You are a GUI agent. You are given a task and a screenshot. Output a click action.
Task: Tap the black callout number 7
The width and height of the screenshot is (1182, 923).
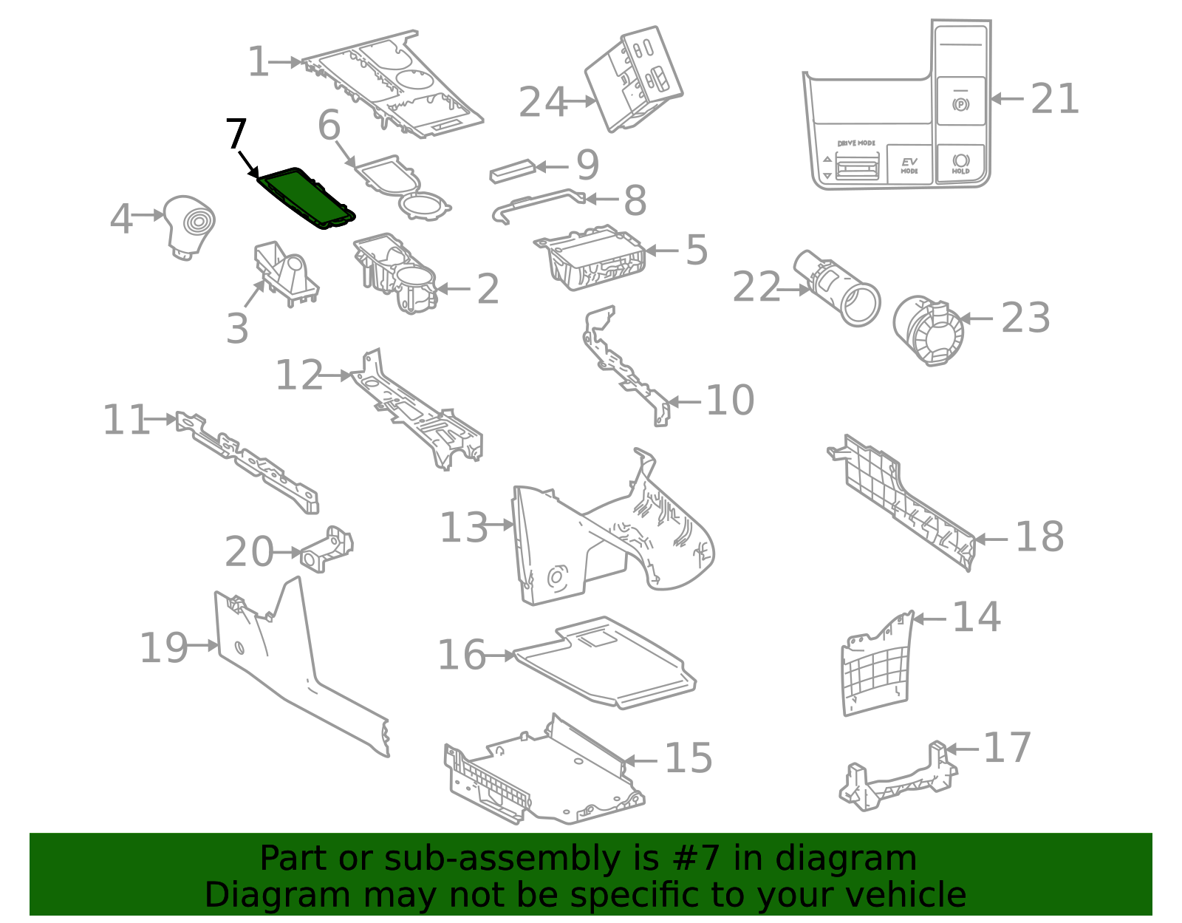pos(235,134)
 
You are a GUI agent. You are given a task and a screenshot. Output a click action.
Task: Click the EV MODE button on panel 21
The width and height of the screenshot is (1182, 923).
pos(909,165)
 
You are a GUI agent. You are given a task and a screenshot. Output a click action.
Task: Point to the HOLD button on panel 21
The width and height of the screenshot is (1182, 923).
pos(960,163)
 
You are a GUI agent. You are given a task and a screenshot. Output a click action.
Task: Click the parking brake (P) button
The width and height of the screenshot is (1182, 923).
pos(960,103)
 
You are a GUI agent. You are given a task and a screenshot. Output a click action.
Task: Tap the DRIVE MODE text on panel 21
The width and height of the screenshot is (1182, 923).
pos(856,143)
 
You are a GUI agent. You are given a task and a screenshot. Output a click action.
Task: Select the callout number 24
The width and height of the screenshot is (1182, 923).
pos(543,103)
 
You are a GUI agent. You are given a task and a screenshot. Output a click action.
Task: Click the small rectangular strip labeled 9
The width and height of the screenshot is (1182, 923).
pos(512,171)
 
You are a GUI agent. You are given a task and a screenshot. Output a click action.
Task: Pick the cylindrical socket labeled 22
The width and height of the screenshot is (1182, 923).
pos(838,287)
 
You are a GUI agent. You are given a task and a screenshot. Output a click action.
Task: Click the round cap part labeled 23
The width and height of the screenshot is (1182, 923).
pos(928,330)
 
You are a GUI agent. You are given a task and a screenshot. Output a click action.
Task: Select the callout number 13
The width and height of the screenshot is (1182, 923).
pos(464,528)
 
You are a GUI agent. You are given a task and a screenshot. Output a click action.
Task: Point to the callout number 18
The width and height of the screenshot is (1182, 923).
pos(1039,537)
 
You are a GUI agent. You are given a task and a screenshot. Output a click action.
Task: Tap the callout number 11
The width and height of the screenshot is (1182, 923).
pos(126,420)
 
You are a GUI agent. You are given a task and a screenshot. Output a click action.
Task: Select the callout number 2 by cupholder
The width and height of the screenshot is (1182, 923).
pos(488,289)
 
